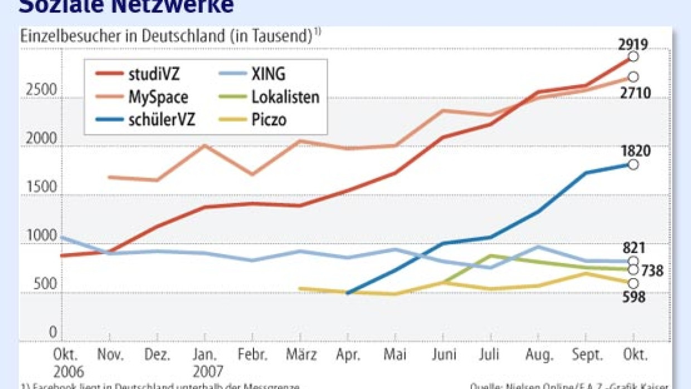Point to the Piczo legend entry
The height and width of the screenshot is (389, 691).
click(x=269, y=120)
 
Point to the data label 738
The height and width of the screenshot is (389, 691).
click(x=651, y=271)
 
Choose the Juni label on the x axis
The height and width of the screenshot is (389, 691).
click(x=445, y=355)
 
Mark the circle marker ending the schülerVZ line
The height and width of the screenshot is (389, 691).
click(x=633, y=164)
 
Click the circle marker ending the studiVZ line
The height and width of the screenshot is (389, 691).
click(x=633, y=57)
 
